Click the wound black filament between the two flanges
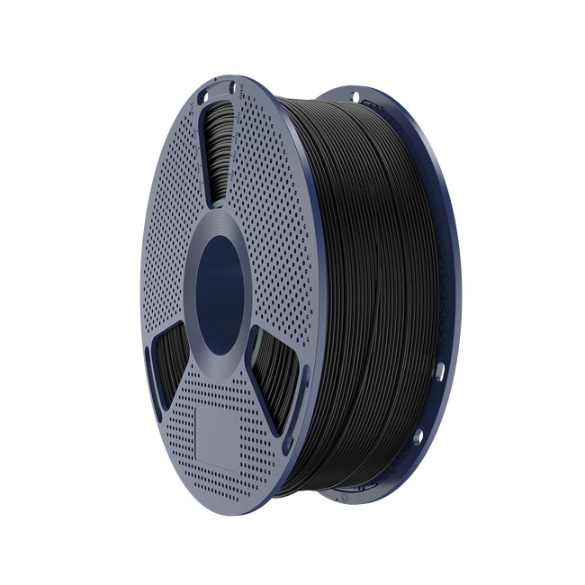pos(378,270)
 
